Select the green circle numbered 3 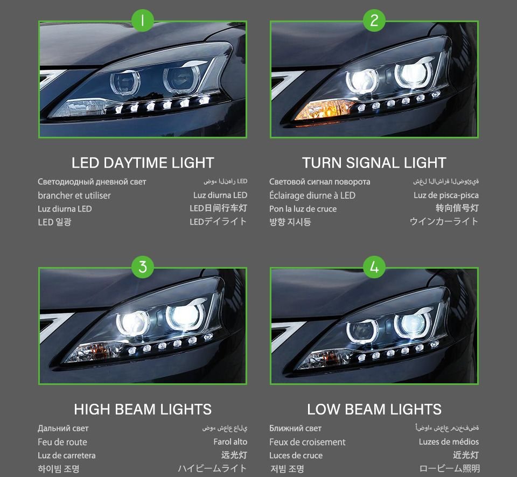tap(142, 266)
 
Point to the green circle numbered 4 tap(374, 266)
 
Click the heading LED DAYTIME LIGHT tap(143, 163)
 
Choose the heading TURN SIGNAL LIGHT tap(374, 163)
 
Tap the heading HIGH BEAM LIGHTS tap(143, 409)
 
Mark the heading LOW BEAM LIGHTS tap(374, 409)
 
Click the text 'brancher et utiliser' tap(74, 195)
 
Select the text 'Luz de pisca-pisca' tap(446, 195)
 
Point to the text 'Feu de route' tap(62, 442)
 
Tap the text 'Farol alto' tap(230, 441)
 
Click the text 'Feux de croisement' tap(308, 442)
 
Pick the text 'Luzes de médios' tap(449, 441)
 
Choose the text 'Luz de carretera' tap(67, 455)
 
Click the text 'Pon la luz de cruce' tap(303, 209)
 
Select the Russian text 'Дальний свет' tap(63, 429)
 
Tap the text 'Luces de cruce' tap(296, 455)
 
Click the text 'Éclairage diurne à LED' tap(312, 195)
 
